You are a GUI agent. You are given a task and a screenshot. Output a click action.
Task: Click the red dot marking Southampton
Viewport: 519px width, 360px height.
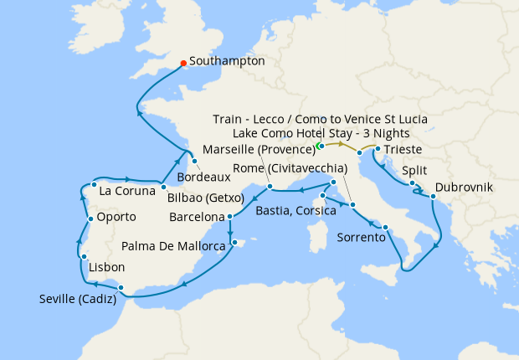point(183,62)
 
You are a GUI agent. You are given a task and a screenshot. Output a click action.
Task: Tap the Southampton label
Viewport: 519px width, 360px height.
point(227,61)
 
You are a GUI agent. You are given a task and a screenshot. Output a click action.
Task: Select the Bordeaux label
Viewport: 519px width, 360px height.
point(204,177)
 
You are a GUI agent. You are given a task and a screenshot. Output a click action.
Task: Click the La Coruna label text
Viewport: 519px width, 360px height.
point(127,191)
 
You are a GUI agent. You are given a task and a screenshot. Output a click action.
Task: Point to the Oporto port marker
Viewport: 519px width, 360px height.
point(90,219)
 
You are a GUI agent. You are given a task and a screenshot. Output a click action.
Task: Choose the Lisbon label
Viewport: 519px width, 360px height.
point(106,267)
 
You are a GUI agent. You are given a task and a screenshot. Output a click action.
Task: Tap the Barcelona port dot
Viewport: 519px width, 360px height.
point(229,217)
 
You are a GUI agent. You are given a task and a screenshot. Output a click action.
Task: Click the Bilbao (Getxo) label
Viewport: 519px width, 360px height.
point(205,198)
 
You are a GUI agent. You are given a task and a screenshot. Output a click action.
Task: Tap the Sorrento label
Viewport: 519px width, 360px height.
point(361,237)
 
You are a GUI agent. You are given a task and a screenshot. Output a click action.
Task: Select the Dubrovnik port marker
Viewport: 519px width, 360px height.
point(433,197)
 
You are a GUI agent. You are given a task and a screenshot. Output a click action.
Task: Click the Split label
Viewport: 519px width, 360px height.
point(416,170)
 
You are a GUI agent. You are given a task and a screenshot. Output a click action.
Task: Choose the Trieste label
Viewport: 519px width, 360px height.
point(403,150)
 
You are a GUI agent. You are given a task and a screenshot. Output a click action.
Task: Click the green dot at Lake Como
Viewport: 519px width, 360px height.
point(320,146)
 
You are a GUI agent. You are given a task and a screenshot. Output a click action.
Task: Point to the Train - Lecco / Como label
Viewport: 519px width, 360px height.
point(320,119)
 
